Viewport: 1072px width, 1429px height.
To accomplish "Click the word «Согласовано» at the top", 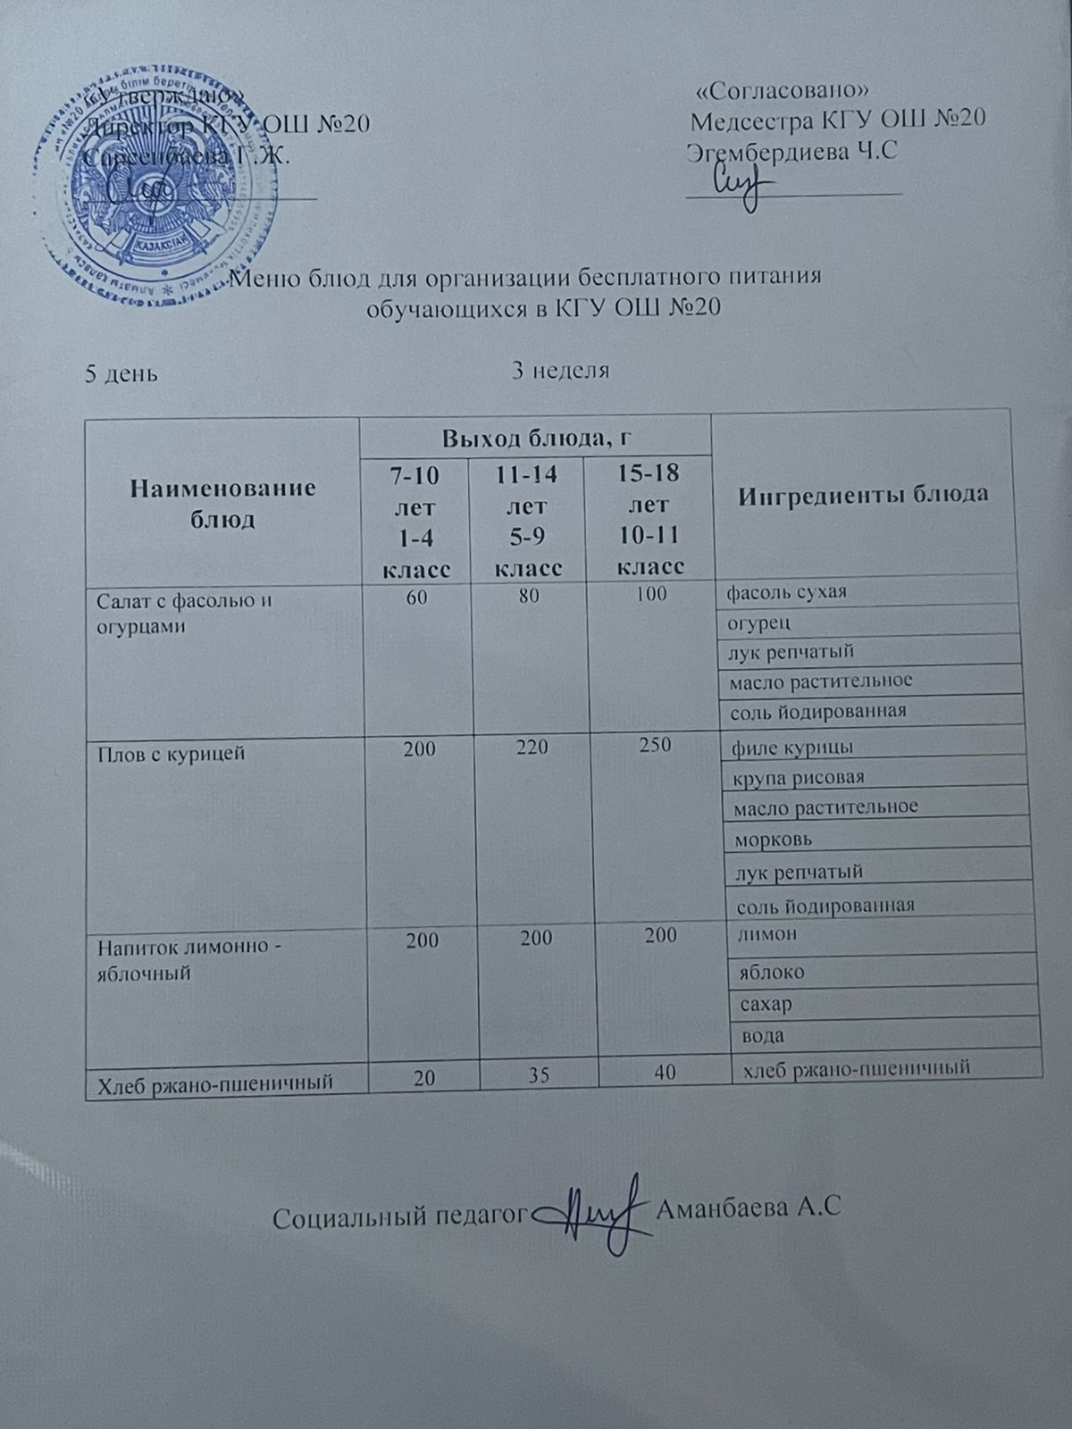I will (x=783, y=91).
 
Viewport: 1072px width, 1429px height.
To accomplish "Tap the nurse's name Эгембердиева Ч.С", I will (x=792, y=152).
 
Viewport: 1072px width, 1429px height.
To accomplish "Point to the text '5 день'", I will (x=121, y=373).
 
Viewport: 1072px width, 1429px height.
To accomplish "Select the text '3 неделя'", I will (x=560, y=371).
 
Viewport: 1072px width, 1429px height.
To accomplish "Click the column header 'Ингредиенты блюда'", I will (x=864, y=494).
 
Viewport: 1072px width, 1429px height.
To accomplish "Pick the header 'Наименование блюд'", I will (x=223, y=503).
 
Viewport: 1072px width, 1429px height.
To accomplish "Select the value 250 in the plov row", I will (x=655, y=744).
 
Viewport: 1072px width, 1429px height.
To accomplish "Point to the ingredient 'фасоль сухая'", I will (x=787, y=591).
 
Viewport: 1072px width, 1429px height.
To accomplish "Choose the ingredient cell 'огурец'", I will (x=759, y=622).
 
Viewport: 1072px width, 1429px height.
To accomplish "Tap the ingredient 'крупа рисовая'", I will (x=798, y=777).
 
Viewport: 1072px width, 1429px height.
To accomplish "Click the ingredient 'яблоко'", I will (x=773, y=971).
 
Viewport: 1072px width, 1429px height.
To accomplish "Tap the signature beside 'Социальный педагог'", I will (x=594, y=1214).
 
